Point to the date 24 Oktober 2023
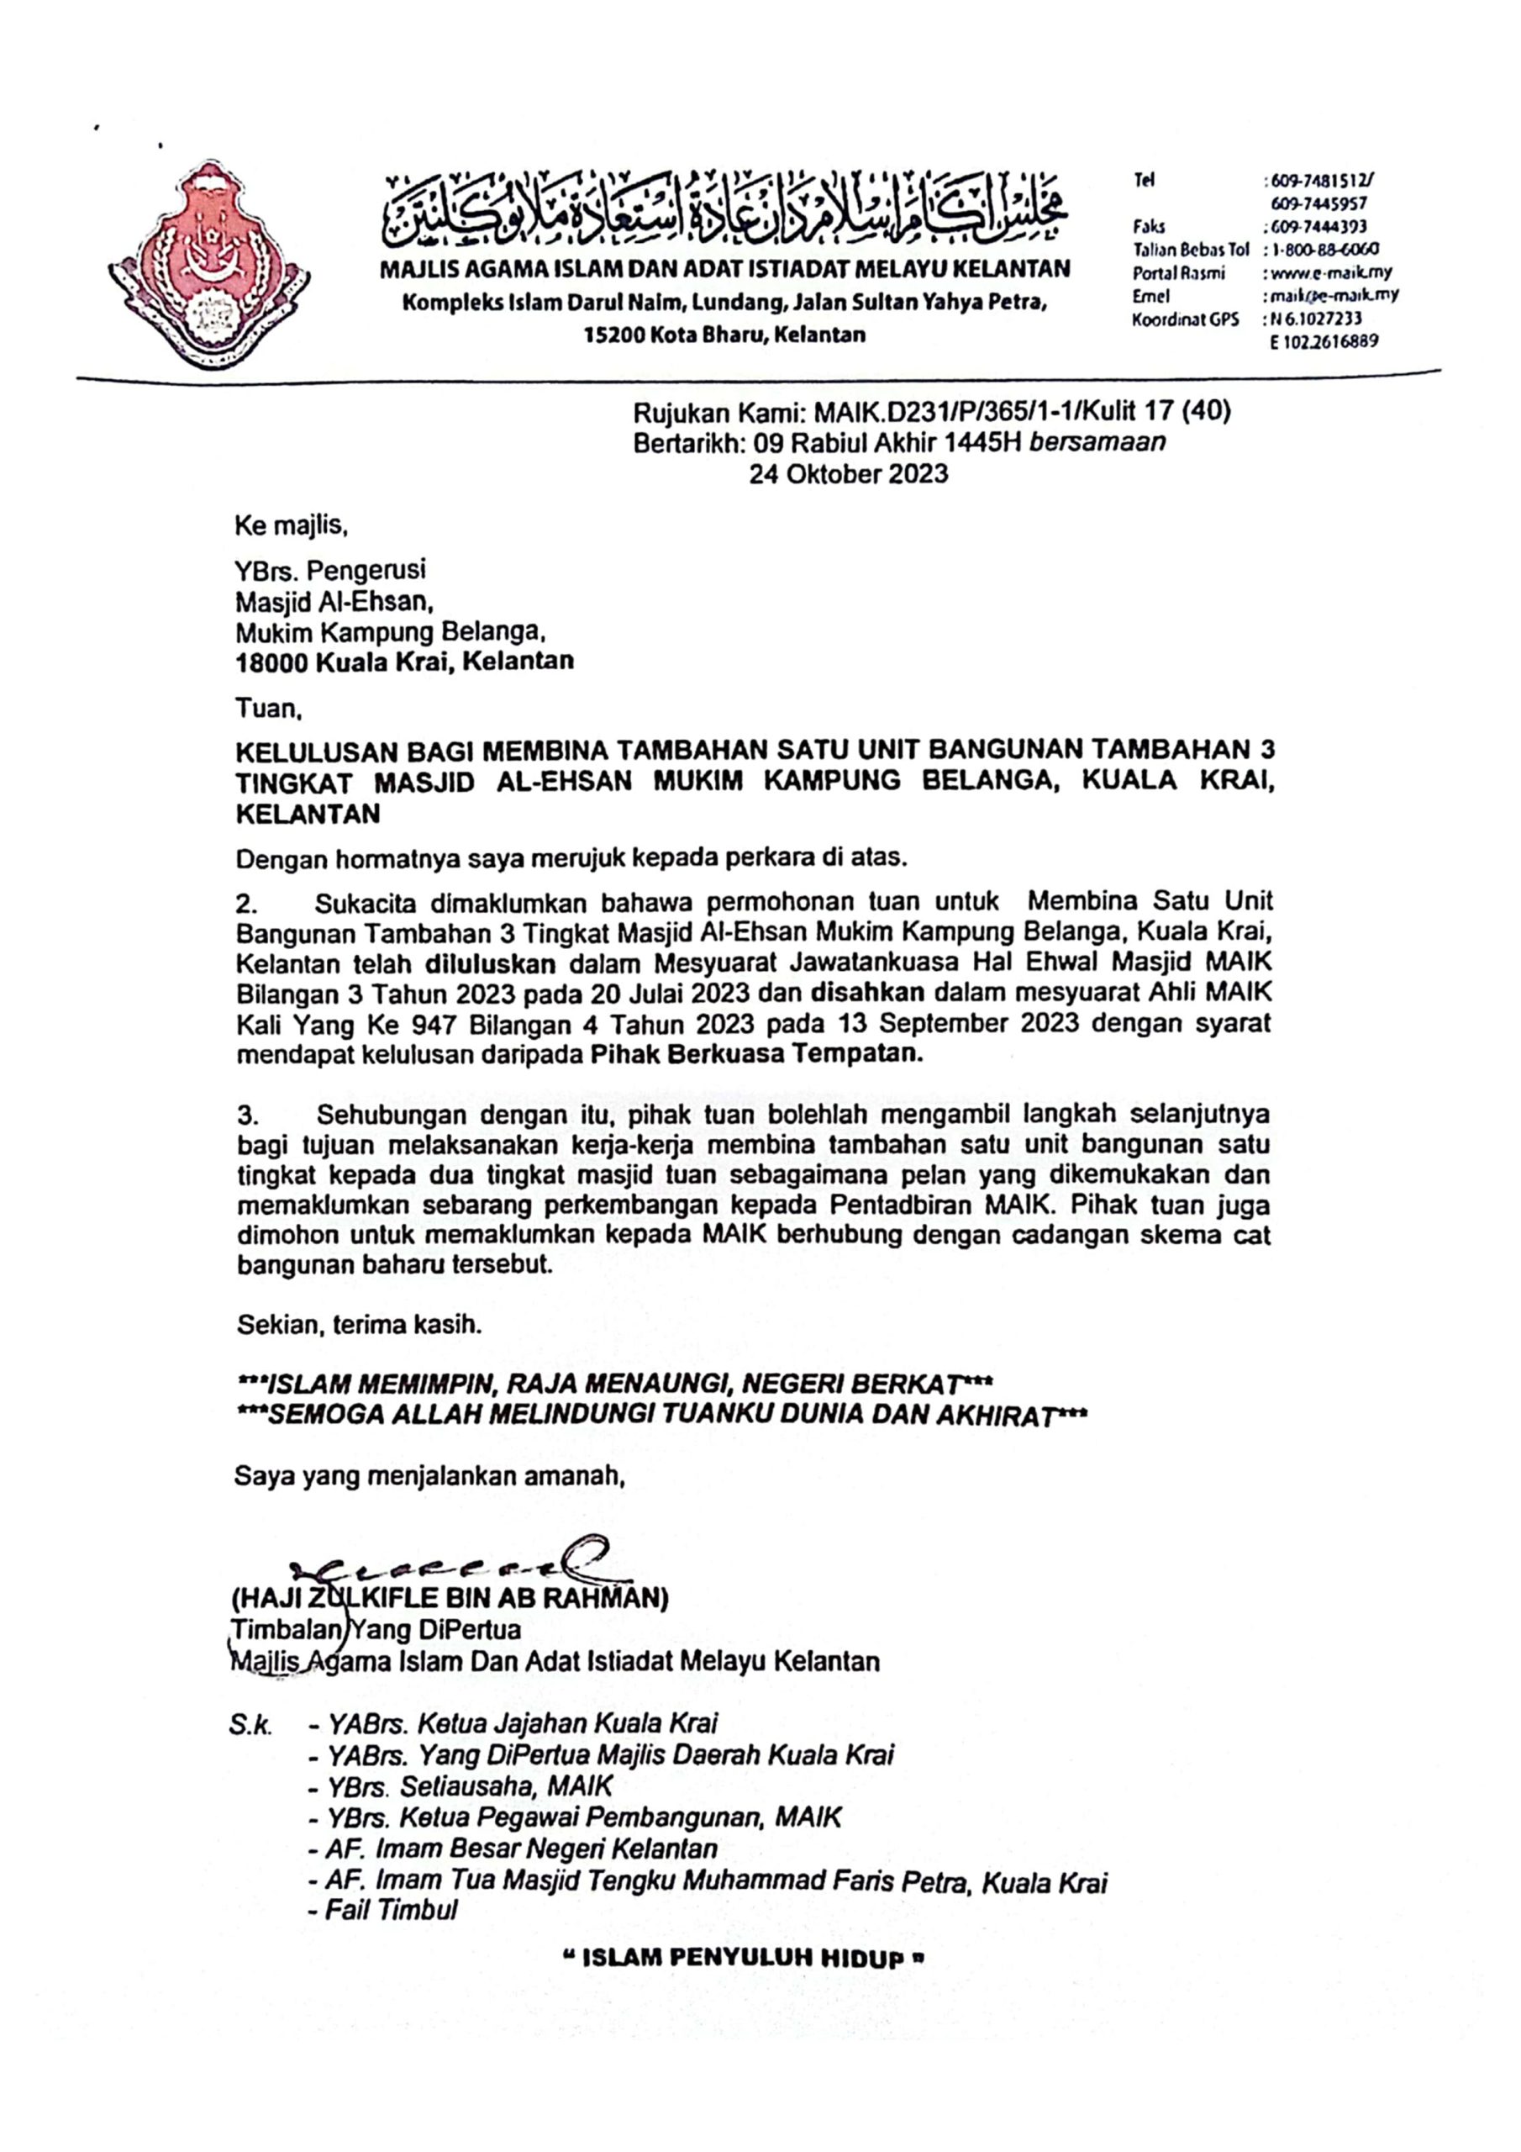click(848, 474)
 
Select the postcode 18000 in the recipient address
click(271, 662)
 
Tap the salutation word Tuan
click(266, 709)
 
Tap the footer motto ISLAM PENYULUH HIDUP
click(746, 1959)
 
